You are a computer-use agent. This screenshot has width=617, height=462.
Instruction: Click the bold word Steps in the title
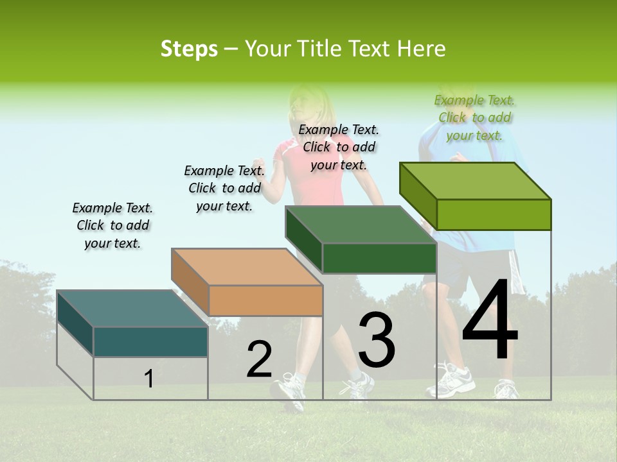pyautogui.click(x=189, y=49)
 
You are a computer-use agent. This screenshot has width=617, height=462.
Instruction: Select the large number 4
pyautogui.click(x=490, y=320)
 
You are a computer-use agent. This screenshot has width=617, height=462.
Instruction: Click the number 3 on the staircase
pyautogui.click(x=377, y=339)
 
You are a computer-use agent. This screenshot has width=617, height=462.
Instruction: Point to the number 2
pyautogui.click(x=260, y=359)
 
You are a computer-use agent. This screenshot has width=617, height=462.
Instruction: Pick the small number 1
pyautogui.click(x=149, y=379)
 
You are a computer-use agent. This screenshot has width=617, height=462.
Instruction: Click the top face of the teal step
pyautogui.click(x=132, y=309)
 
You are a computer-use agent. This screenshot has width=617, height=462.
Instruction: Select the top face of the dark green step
pyautogui.click(x=361, y=225)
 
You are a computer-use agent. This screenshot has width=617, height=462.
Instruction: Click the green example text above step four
pyautogui.click(x=475, y=117)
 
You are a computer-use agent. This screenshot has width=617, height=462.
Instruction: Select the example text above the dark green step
pyautogui.click(x=339, y=147)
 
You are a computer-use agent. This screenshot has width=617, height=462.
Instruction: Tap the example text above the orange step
pyautogui.click(x=224, y=188)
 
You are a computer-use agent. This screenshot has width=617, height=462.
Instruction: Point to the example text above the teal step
pyautogui.click(x=112, y=225)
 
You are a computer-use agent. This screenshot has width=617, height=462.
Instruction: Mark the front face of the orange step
pyautogui.click(x=266, y=300)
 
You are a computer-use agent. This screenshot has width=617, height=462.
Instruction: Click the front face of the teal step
pyautogui.click(x=150, y=341)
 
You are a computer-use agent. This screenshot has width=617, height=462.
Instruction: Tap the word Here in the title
pyautogui.click(x=421, y=49)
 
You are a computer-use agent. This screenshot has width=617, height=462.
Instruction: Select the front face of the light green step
pyautogui.click(x=494, y=214)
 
